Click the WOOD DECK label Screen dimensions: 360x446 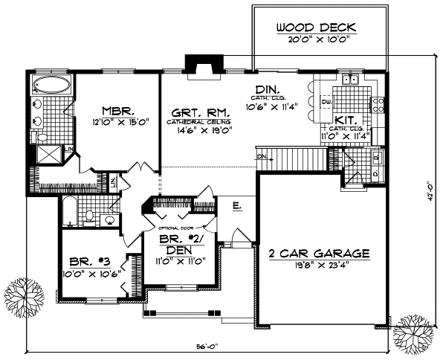(x=317, y=28)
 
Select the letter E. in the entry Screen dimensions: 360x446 (x=236, y=207)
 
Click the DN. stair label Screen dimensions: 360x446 (x=262, y=158)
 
